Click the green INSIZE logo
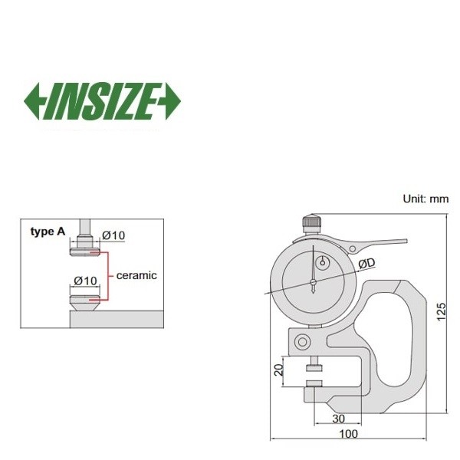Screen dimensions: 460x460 (102, 101)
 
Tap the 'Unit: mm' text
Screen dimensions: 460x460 (426, 199)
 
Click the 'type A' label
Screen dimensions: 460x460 (48, 232)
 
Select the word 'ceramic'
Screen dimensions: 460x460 (136, 275)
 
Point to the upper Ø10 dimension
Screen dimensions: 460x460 (113, 235)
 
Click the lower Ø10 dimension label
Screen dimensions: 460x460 (85, 281)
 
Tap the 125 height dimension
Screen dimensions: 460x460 (442, 312)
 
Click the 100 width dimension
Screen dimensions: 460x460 (349, 434)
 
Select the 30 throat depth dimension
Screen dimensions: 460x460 (339, 419)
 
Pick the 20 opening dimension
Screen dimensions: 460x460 (278, 370)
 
